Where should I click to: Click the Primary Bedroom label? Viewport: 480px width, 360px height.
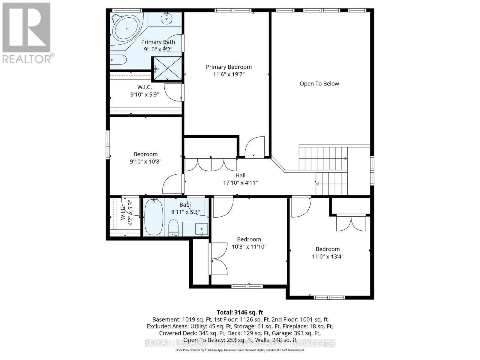point(229,67)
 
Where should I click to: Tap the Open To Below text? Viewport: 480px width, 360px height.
point(319,84)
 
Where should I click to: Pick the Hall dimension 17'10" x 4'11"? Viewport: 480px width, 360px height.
point(240,183)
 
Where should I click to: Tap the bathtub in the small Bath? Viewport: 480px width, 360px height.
point(154,217)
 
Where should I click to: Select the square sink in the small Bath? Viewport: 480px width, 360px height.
point(201,229)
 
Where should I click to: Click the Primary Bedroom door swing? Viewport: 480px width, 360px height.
point(255,146)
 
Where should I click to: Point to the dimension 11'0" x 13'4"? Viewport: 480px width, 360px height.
point(328,256)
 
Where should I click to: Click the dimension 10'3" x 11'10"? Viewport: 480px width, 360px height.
point(249,247)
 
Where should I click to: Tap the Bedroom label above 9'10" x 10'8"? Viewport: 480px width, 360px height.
point(145,154)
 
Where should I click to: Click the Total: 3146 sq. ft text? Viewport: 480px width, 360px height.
point(240,312)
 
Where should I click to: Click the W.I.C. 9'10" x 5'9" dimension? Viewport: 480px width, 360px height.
point(144,94)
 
